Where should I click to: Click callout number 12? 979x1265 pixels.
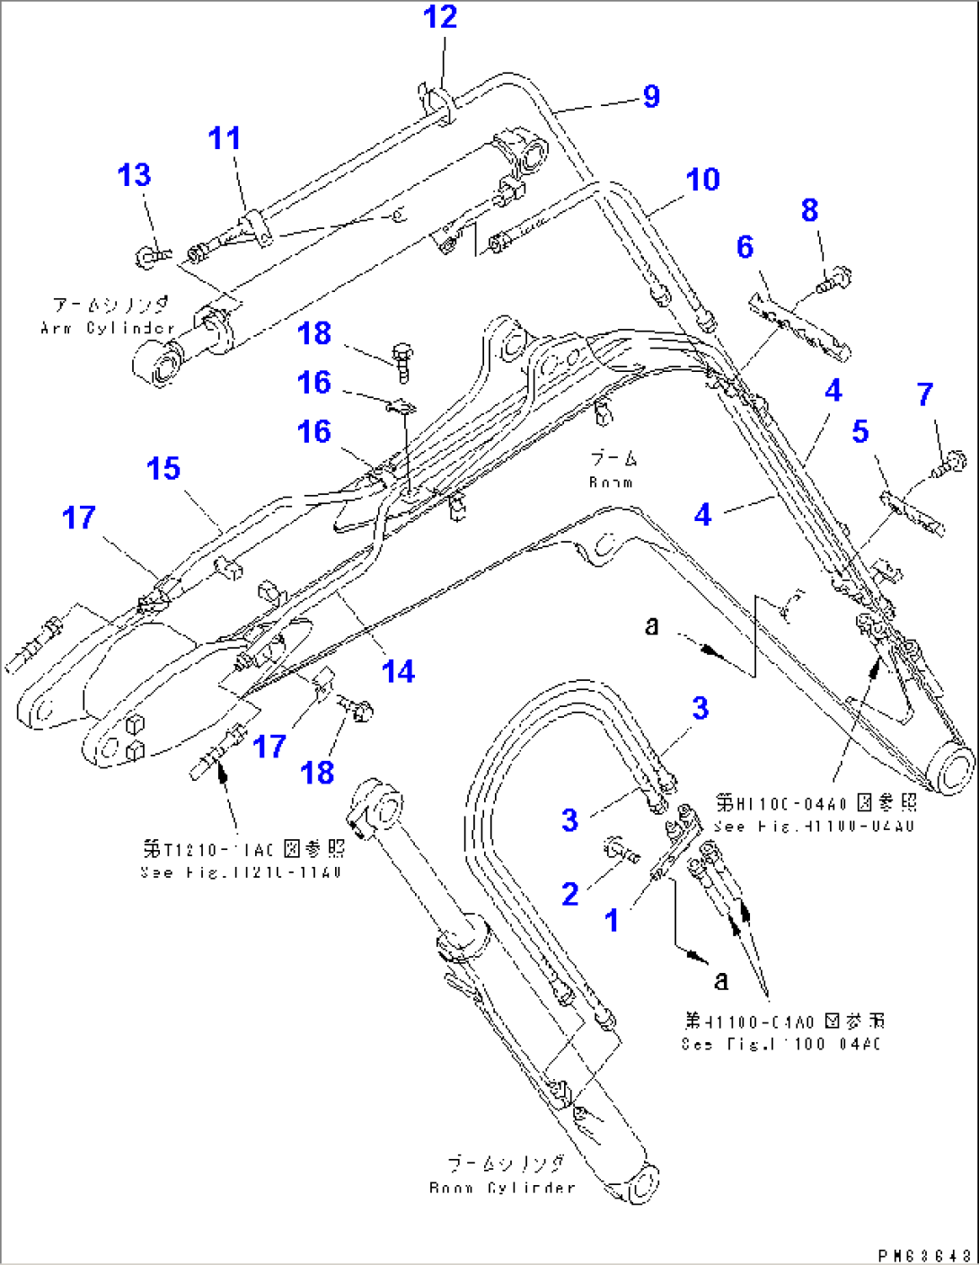440,17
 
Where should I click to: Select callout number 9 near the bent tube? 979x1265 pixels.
651,96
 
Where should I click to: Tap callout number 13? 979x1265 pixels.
135,175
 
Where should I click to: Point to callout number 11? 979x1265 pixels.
225,138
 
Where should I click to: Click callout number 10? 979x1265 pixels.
702,180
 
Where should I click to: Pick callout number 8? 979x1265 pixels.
809,210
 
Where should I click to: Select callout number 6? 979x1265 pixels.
745,247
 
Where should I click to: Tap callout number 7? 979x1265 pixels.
925,394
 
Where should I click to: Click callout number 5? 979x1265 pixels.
860,431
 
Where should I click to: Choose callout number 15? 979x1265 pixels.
163,468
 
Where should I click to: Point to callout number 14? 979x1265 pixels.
398,671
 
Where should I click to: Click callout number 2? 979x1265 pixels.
569,894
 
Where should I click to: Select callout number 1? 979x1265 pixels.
612,920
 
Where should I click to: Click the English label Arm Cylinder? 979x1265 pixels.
108,328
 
